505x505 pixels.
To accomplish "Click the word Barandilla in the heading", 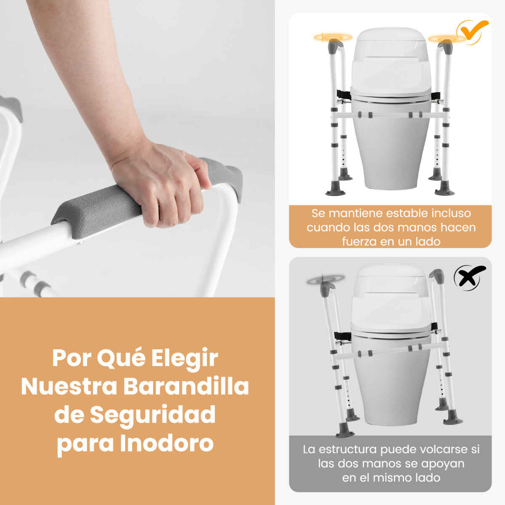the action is coord(186,386).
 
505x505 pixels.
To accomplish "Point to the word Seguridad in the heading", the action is coord(153,415).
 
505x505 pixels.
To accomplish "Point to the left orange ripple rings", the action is coord(333,37).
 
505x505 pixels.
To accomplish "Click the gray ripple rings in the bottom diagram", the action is coord(326,279).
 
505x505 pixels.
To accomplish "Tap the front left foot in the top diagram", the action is coord(336,189).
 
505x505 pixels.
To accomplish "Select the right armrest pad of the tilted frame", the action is coord(437,276).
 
